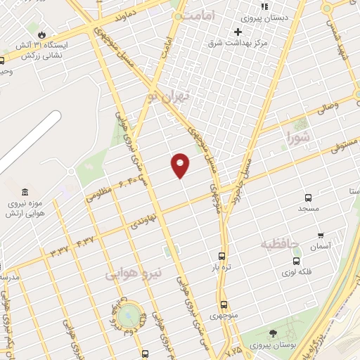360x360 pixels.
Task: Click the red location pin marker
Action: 181,165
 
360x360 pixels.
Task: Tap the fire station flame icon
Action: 42,34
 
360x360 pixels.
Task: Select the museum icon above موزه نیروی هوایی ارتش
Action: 26,193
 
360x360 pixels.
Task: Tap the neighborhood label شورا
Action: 297,137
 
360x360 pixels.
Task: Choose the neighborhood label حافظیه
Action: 281,244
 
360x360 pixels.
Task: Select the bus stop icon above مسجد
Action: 308,198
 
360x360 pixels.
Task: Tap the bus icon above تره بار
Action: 222,257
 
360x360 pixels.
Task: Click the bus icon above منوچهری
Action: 224,305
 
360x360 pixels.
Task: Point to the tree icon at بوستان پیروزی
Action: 272,333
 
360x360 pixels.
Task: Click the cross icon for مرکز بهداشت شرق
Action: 238,32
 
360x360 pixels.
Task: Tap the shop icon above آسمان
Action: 321,236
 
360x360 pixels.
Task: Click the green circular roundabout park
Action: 129,316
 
